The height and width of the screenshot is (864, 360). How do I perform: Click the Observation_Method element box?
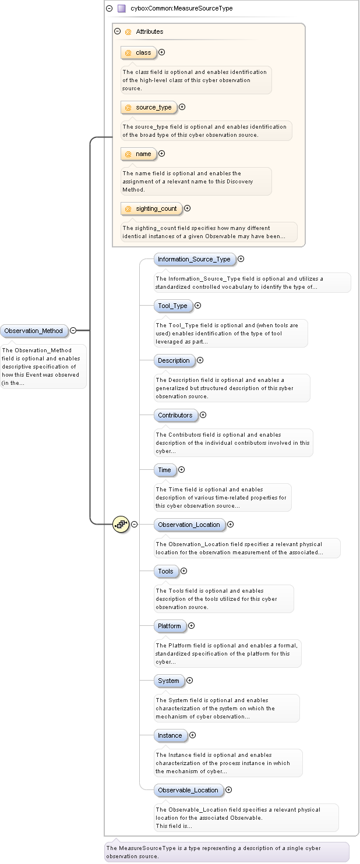pos(34,331)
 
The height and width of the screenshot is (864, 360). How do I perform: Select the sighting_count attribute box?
pos(151,208)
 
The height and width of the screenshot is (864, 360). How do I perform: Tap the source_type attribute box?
pos(149,107)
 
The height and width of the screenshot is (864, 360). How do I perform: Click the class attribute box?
pos(139,53)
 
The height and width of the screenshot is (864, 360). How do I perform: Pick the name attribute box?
pos(139,154)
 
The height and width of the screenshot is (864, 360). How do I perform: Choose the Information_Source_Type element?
pos(195,259)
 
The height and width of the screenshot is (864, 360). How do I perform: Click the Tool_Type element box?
pos(172,306)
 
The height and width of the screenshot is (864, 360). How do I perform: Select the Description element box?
pos(174,360)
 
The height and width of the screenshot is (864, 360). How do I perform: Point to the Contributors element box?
pos(175,415)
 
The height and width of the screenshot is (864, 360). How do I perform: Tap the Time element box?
pos(165,470)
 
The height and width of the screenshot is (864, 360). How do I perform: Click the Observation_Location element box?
pos(189,525)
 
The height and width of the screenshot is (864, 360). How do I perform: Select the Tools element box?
pos(166,571)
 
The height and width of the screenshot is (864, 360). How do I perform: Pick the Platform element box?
pos(170,626)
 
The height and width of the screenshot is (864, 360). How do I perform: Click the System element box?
pos(169,681)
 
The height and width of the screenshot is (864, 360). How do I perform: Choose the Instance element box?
pos(170,735)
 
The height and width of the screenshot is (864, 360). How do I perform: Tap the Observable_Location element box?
pos(188,790)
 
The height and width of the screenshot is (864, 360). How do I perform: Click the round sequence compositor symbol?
pos(121,524)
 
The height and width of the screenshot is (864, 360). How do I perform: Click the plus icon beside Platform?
pos(191,626)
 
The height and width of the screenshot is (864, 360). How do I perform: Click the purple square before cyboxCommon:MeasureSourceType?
pos(121,9)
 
